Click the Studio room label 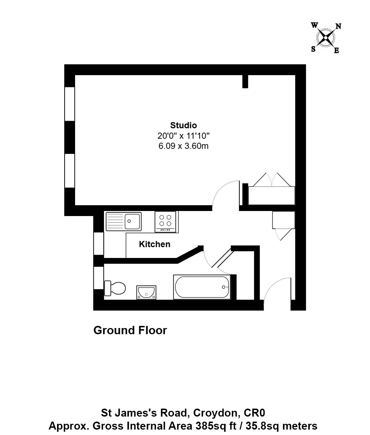click(183, 125)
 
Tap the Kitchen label click(154, 244)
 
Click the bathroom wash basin click(146, 292)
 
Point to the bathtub click(202, 287)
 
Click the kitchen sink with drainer click(124, 221)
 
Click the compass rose click(326, 38)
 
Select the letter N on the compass click(339, 26)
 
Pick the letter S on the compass click(313, 49)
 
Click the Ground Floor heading click(130, 330)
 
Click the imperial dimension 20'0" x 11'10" click(183, 136)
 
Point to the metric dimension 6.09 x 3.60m click(183, 146)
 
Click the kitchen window click(99, 244)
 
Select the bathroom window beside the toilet click(99, 278)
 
